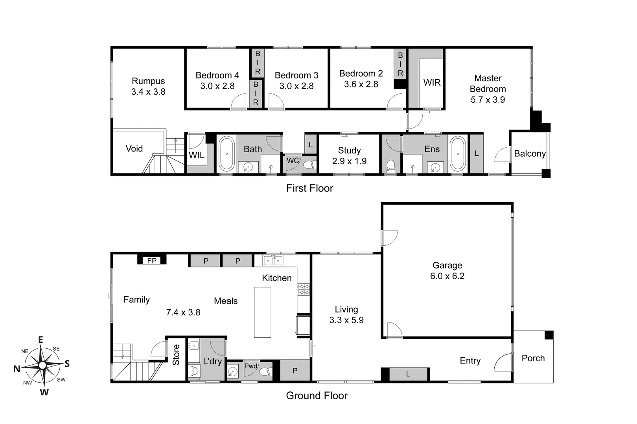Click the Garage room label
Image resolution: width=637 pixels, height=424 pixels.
(x=447, y=265)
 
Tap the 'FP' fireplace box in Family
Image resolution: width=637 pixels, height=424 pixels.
(x=152, y=260)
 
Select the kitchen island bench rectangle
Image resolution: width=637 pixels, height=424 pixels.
(x=262, y=312)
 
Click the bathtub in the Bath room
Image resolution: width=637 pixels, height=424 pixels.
(x=226, y=154)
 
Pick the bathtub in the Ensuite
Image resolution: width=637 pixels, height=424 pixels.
(x=457, y=154)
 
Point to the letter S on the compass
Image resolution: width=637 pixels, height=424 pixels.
(x=67, y=364)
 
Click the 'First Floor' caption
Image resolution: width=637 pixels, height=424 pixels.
(x=309, y=188)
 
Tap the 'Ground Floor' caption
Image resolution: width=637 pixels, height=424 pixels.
(x=317, y=395)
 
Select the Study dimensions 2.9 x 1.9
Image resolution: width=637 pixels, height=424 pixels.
(x=349, y=161)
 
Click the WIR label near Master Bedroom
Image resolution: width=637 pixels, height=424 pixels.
(x=432, y=82)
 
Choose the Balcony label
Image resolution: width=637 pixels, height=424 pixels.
(x=530, y=154)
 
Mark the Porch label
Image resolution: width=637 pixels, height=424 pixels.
(x=533, y=358)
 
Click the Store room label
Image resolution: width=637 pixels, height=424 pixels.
(x=176, y=355)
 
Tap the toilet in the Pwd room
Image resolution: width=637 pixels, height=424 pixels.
(x=266, y=371)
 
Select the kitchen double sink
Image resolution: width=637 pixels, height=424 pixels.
(x=273, y=260)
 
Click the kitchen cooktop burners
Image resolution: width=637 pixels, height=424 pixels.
(x=303, y=290)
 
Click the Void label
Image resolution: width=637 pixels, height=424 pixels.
(x=134, y=148)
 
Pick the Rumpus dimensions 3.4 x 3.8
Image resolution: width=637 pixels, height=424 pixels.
(x=148, y=92)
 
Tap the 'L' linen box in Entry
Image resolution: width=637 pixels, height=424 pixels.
(x=408, y=374)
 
